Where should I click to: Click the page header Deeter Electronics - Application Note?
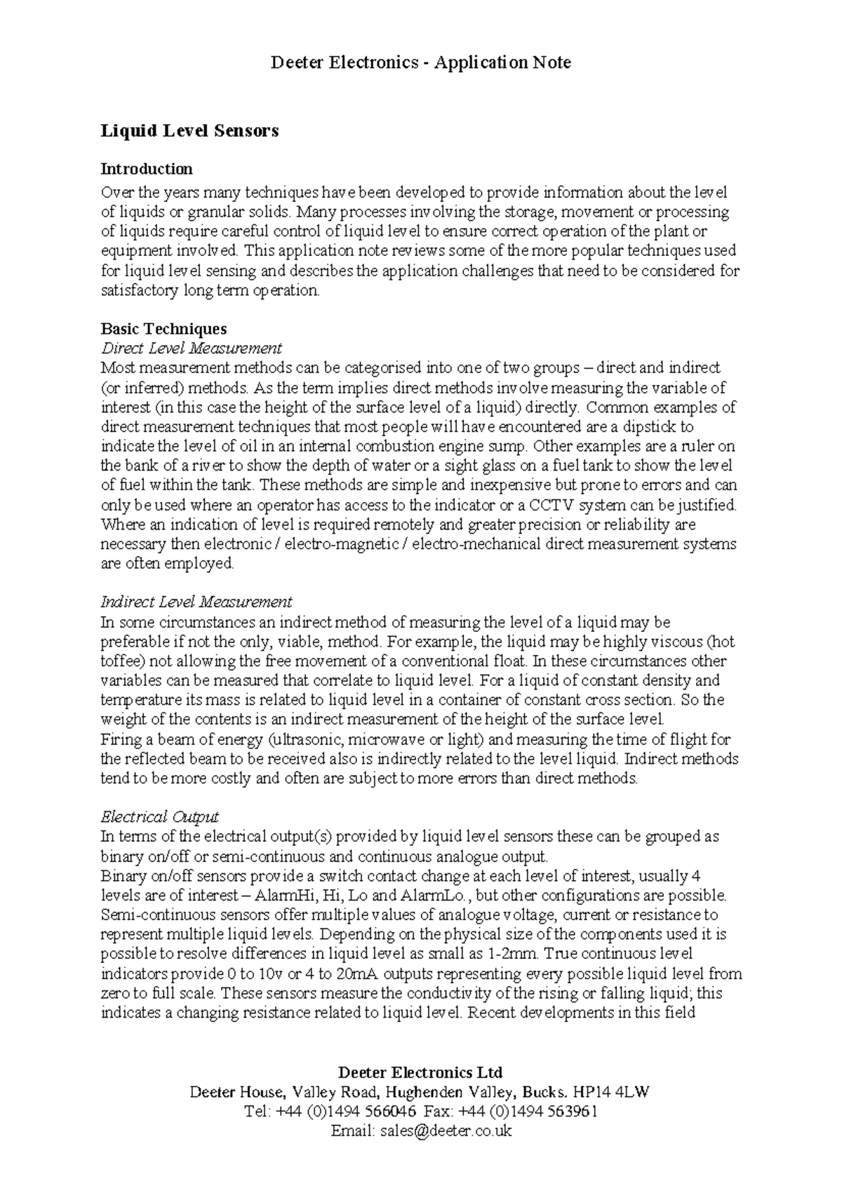(x=421, y=63)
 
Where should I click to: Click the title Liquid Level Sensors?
(x=190, y=130)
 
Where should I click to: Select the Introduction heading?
(x=147, y=169)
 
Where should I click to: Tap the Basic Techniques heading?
(x=163, y=329)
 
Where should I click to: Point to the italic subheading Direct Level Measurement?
(x=192, y=349)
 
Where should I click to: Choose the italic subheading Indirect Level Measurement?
(x=196, y=602)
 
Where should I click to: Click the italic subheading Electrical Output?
(x=160, y=817)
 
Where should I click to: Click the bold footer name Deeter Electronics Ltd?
(x=421, y=1072)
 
